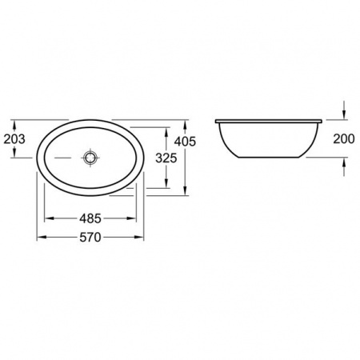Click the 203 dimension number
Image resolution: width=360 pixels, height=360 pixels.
tap(14, 139)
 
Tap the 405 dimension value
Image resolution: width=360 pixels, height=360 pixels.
tap(185, 142)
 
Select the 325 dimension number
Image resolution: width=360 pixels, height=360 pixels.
tap(166, 158)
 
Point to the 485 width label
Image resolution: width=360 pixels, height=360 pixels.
tap(90, 218)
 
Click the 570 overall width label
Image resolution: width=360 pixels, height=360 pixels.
tap(90, 237)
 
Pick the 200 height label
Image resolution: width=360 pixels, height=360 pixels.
tap(344, 139)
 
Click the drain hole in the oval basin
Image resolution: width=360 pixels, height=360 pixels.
tap(90, 158)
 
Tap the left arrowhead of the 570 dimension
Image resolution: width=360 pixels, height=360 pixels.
tap(42, 237)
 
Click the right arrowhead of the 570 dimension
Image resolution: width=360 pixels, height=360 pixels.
tap(139, 237)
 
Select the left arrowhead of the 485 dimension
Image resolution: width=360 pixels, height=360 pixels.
tap(49, 218)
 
